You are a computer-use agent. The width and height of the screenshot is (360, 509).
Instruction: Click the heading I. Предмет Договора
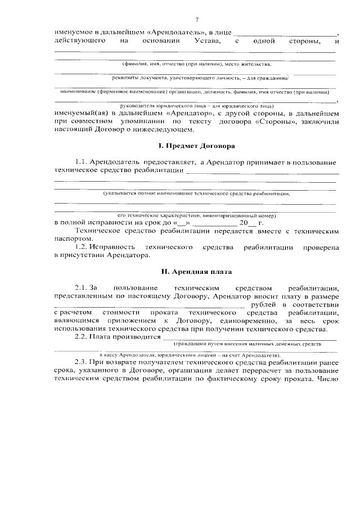click(x=196, y=146)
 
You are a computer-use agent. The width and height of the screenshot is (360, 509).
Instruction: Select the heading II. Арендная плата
click(x=196, y=271)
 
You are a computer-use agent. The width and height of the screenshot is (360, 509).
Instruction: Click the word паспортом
click(x=72, y=238)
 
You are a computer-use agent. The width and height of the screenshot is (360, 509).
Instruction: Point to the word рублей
click(x=264, y=304)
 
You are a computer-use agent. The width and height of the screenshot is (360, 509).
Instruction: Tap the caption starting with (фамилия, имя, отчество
click(x=197, y=65)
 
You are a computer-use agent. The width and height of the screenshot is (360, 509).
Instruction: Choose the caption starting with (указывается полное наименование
click(x=196, y=193)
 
